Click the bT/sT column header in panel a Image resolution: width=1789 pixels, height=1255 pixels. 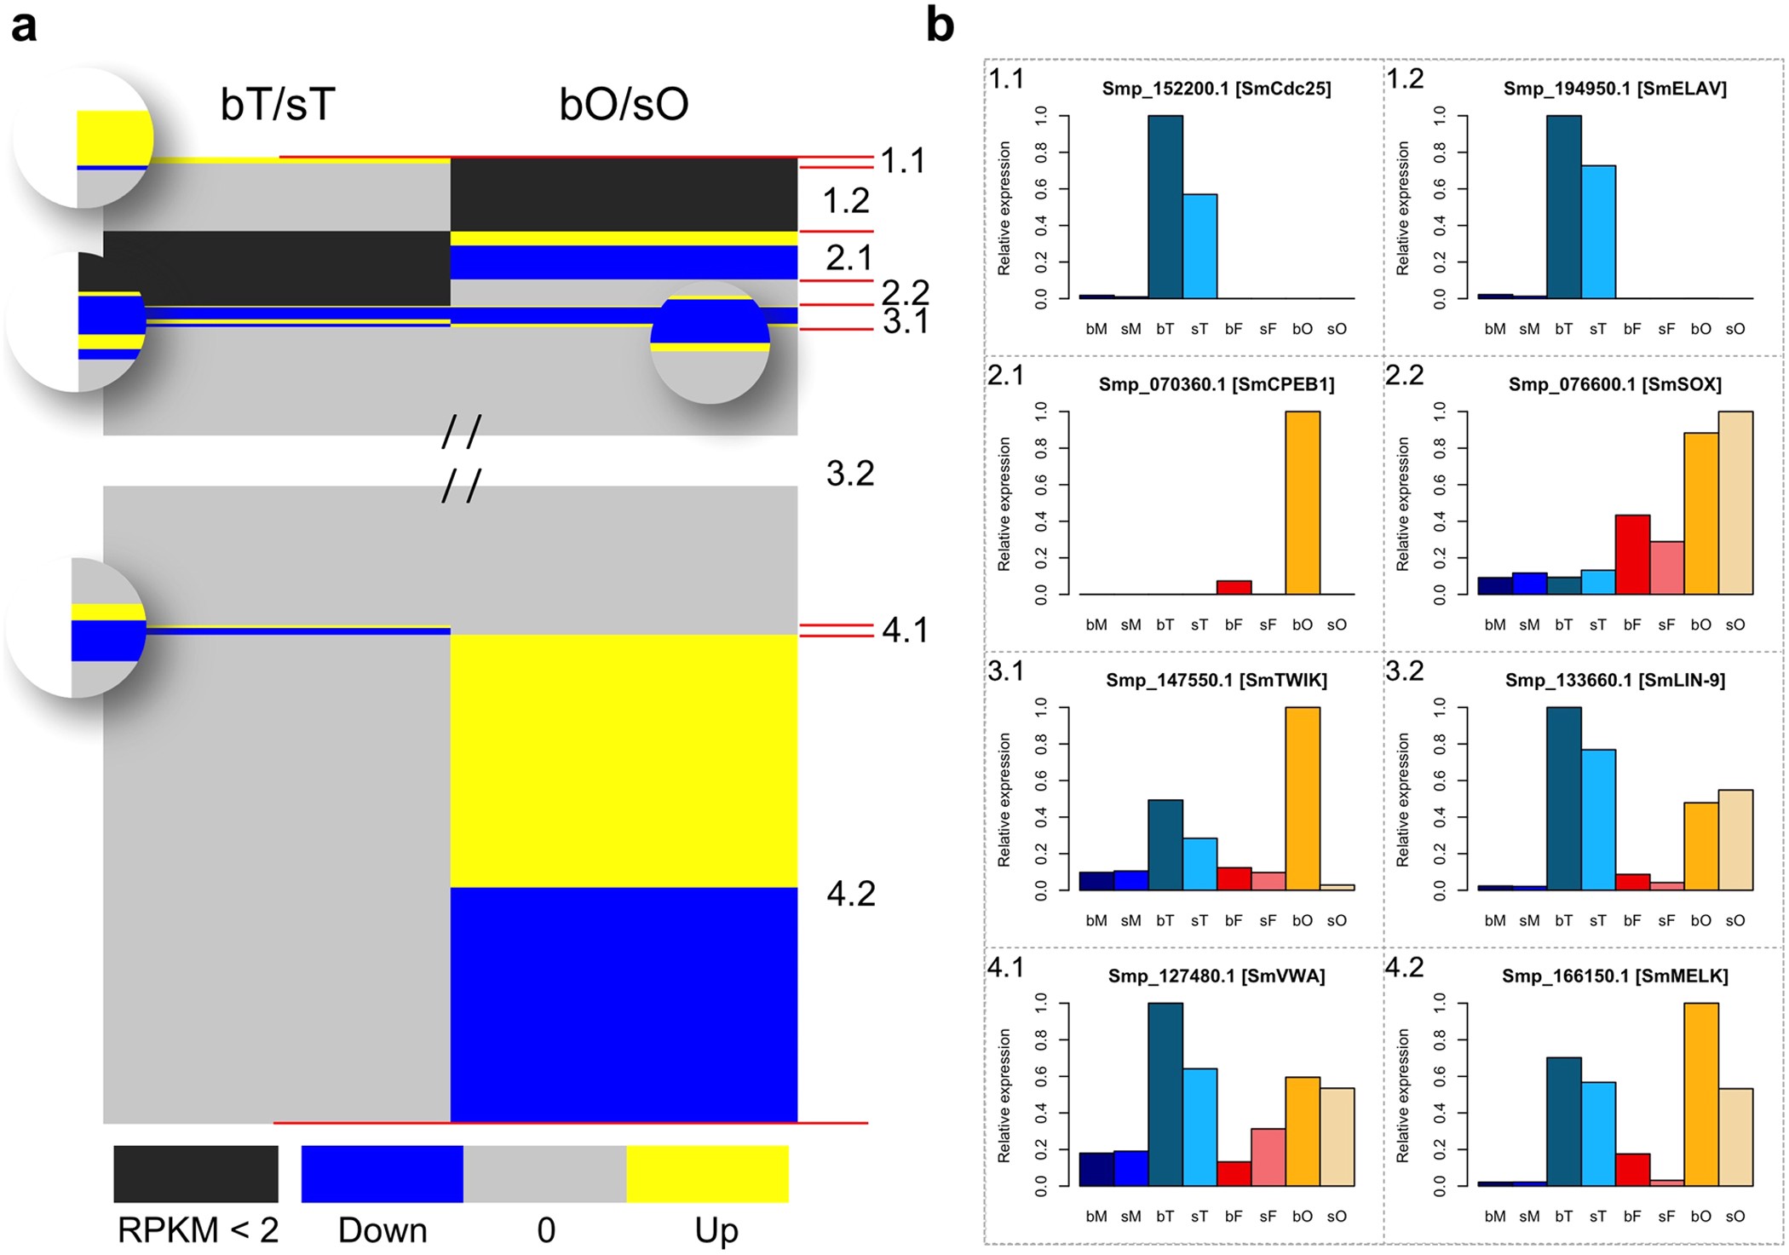278,104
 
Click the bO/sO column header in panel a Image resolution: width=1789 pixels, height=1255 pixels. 624,104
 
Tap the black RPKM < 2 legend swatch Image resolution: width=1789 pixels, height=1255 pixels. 196,1173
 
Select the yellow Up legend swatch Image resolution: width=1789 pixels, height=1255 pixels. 707,1173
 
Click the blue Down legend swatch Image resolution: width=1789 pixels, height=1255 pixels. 382,1173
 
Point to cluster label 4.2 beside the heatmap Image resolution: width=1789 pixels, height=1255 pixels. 850,894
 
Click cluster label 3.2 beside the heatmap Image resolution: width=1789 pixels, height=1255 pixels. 850,474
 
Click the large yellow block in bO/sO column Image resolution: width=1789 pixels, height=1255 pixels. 624,761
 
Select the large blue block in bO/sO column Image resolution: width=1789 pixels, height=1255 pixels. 624,1005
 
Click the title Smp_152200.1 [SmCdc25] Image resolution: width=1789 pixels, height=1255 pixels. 1216,89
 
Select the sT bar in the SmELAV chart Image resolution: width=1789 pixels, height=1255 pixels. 1598,232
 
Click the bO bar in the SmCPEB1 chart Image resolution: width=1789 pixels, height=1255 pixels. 1303,503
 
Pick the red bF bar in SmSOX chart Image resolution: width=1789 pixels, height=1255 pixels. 1632,555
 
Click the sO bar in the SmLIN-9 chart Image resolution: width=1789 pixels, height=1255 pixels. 1735,840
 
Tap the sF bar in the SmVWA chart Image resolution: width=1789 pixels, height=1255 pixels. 1268,1157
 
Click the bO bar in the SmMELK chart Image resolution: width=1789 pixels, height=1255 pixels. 1701,1095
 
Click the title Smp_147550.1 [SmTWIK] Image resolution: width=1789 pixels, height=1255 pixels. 1216,680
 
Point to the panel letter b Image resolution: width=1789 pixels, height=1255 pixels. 940,26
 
